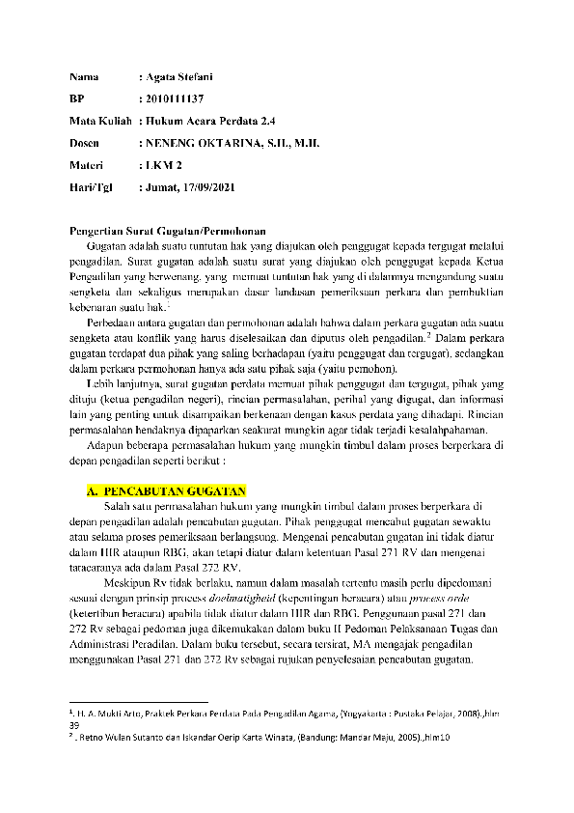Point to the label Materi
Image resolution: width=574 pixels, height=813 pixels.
pyautogui.click(x=88, y=165)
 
